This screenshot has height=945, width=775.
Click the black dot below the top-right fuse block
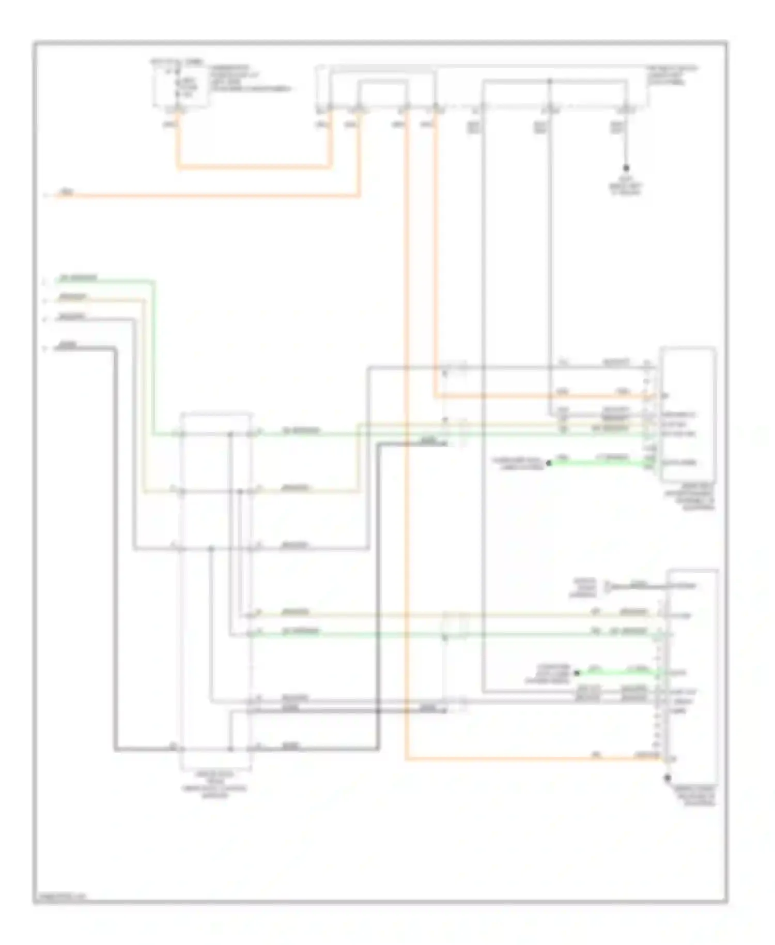(x=626, y=168)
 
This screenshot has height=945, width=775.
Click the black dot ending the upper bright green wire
(x=549, y=463)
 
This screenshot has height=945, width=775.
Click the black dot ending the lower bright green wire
(x=577, y=673)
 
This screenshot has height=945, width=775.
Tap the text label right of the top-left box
(x=248, y=78)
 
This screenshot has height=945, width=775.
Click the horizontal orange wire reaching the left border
(x=207, y=196)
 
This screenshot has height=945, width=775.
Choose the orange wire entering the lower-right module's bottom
(x=532, y=759)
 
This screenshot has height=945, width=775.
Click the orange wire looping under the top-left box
(x=253, y=167)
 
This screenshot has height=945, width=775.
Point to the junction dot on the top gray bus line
(x=549, y=81)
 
